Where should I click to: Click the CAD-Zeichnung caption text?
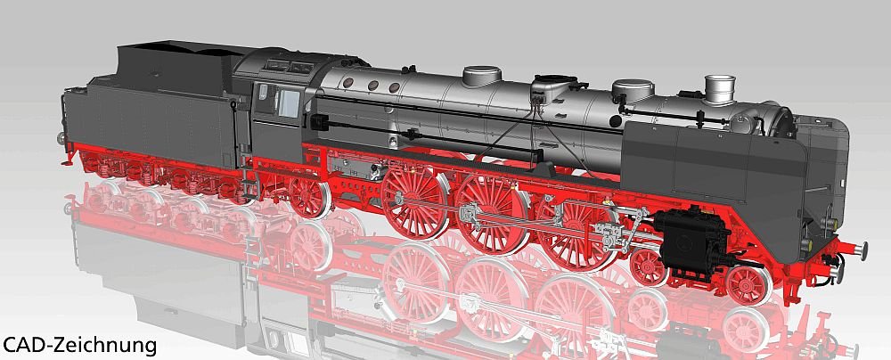click(x=79, y=345)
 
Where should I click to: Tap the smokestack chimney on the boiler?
click(x=719, y=90)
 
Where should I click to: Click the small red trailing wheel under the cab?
click(x=310, y=197)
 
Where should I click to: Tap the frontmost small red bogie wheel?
click(x=749, y=285)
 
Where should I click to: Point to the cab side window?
click(x=288, y=103)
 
